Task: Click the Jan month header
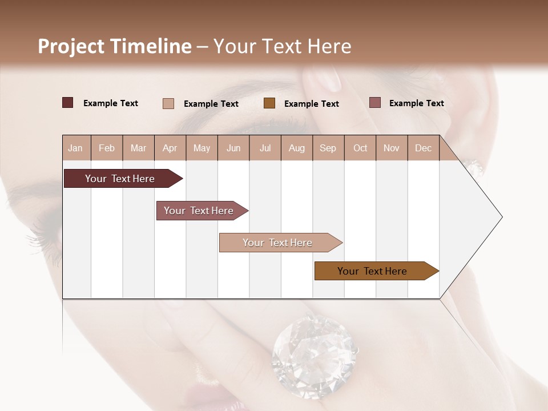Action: [76, 148]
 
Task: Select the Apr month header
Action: [170, 148]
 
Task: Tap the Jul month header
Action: [265, 148]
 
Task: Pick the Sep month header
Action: [328, 148]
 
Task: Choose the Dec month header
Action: [423, 148]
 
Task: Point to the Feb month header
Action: [107, 148]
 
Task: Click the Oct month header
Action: [360, 148]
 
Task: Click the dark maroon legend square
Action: [67, 103]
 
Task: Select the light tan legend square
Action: [168, 103]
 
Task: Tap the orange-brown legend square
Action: [269, 103]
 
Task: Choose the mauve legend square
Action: [374, 103]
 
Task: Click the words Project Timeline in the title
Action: [114, 46]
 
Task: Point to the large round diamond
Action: [313, 349]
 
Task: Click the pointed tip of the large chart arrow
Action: [501, 217]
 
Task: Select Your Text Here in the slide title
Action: [282, 46]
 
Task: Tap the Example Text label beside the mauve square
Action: [416, 103]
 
